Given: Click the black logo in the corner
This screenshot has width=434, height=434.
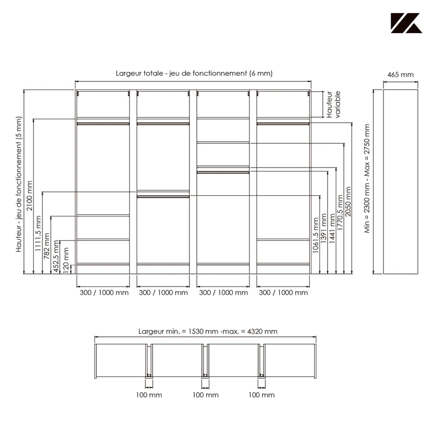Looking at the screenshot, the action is pos(406,23).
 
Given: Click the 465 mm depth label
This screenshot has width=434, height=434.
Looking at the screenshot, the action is pos(400,75).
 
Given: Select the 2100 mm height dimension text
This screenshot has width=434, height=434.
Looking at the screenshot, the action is pos(29,196).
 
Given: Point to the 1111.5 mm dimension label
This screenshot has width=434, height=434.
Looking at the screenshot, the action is pos(38,233).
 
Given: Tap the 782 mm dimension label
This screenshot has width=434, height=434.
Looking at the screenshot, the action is pos(47,246).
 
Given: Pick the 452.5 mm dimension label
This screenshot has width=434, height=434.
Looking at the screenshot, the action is pos(56,256).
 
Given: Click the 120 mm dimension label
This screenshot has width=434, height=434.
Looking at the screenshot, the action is pos(66,260).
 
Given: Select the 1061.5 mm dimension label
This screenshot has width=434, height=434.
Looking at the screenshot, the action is pos(316,235).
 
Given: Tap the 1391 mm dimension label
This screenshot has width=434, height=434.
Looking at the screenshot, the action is pos(323,228).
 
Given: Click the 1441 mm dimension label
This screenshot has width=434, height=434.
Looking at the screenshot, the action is pos(332,228).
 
